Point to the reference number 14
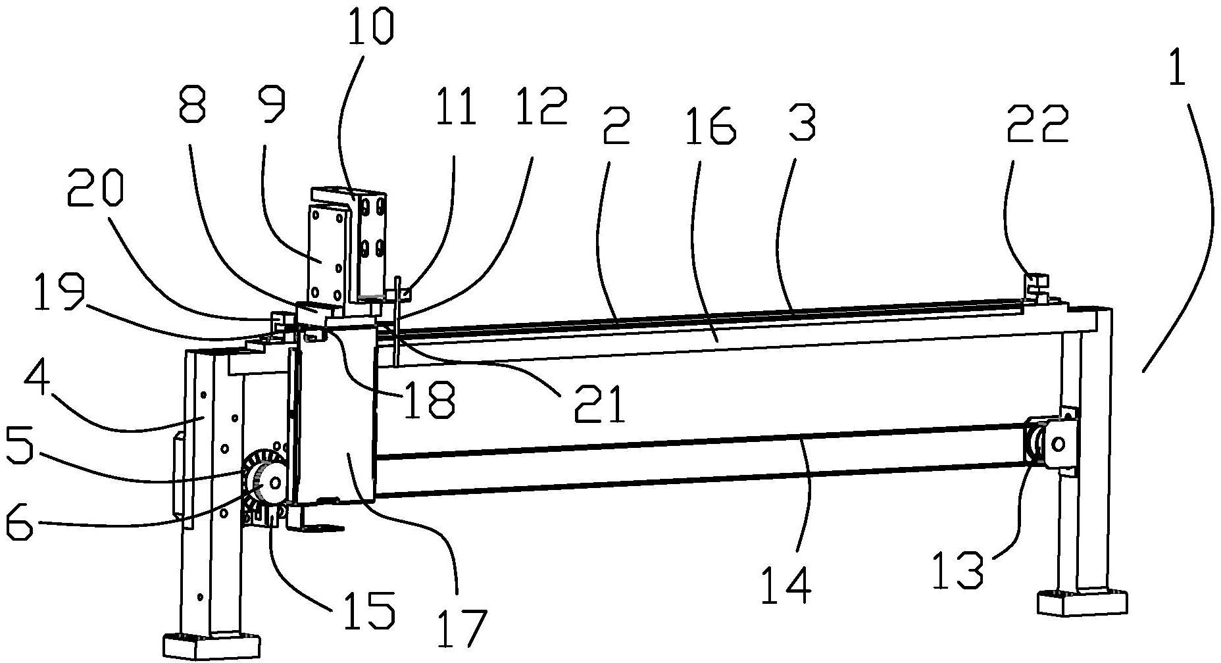786,583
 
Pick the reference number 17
461,627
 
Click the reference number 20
94,195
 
